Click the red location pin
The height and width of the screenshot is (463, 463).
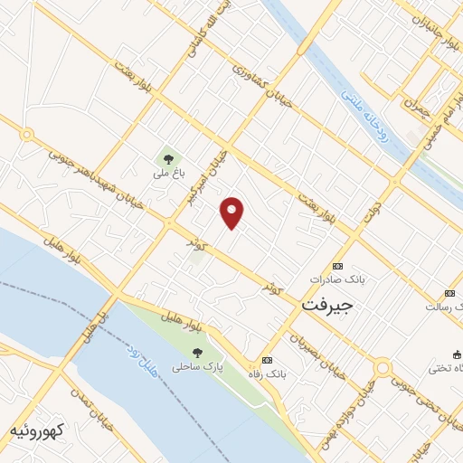(232, 213)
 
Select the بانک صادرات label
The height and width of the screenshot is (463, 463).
(337, 280)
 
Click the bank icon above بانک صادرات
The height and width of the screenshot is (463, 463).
(338, 266)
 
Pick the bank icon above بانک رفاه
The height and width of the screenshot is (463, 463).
(265, 359)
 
